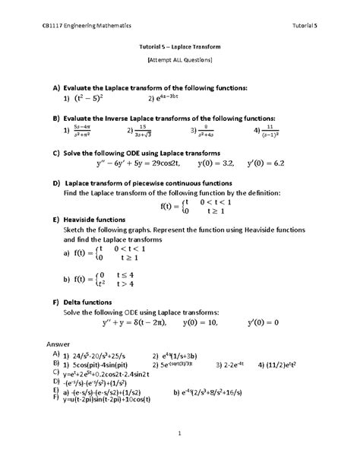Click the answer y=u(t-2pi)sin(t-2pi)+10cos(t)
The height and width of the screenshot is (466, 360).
106,398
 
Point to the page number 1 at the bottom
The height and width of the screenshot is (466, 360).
179,433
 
